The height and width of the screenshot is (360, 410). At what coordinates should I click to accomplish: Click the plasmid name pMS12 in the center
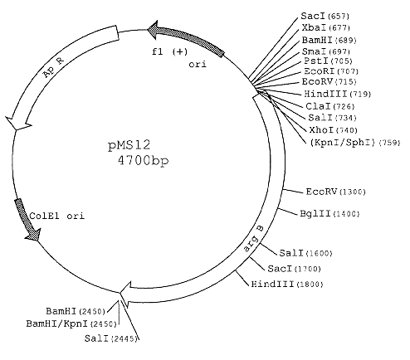pos(129,146)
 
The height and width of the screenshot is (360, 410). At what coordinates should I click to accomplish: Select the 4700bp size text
pos(143,161)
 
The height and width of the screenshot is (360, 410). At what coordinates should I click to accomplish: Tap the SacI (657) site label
pos(325,17)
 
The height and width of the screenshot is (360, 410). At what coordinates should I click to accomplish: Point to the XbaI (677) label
pos(326,27)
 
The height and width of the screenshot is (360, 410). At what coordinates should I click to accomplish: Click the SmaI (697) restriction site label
pos(326,51)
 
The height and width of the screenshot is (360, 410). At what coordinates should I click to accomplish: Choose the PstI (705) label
pos(328,61)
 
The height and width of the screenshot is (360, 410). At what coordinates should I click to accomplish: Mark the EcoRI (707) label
pos(331,71)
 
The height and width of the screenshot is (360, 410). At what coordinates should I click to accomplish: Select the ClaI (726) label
pos(330,106)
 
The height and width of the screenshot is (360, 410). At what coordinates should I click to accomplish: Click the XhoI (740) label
pos(333,129)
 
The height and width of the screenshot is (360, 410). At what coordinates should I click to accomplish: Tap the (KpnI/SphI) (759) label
pos(355,143)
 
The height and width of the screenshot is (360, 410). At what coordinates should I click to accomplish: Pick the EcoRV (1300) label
pos(335,192)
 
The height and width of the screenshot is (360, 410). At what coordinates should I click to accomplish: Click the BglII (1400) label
pos(329,213)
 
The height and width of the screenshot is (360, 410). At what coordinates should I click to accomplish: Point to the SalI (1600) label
pos(305,253)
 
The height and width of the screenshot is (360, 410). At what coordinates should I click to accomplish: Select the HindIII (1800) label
pos(287,284)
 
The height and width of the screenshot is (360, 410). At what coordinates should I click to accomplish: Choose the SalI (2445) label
pos(111,338)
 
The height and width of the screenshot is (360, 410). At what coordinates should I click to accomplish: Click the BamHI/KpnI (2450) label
pos(71,324)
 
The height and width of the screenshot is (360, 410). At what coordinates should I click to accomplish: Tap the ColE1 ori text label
pos(56,216)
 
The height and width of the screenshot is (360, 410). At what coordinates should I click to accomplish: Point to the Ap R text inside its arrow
pos(53,67)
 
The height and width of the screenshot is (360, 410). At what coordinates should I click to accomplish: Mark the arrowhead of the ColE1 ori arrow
pos(33,235)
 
